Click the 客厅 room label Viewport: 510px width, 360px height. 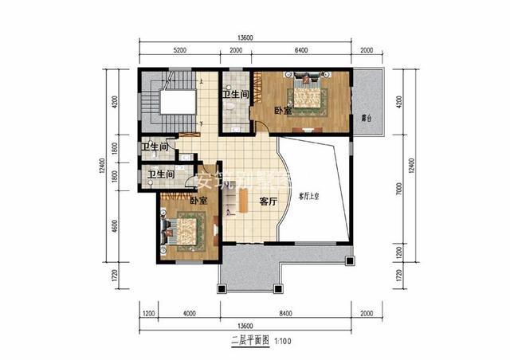(268, 202)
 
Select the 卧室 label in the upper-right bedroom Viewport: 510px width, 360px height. (282, 111)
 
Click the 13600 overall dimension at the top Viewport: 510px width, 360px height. (245, 37)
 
